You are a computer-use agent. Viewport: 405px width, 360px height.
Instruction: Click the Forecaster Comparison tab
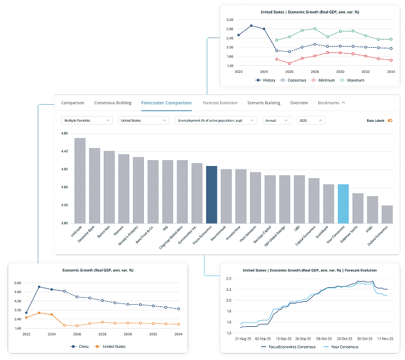[166, 103]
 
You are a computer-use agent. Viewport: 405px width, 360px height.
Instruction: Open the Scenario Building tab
[263, 103]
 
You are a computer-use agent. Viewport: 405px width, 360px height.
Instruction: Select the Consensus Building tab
[112, 103]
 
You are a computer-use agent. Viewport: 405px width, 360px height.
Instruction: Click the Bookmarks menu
[331, 103]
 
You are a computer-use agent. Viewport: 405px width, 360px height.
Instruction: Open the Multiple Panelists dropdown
[87, 121]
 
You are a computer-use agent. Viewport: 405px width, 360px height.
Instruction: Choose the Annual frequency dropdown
[276, 121]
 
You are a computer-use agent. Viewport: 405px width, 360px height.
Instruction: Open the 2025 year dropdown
[310, 121]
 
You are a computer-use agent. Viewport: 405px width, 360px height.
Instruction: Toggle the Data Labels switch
[390, 121]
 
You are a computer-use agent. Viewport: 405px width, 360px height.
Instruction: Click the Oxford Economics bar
[388, 214]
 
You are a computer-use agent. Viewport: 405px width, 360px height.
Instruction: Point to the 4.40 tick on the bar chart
[65, 151]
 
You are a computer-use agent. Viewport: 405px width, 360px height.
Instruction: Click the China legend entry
[80, 346]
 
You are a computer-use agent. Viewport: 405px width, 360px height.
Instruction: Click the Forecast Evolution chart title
[309, 270]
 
